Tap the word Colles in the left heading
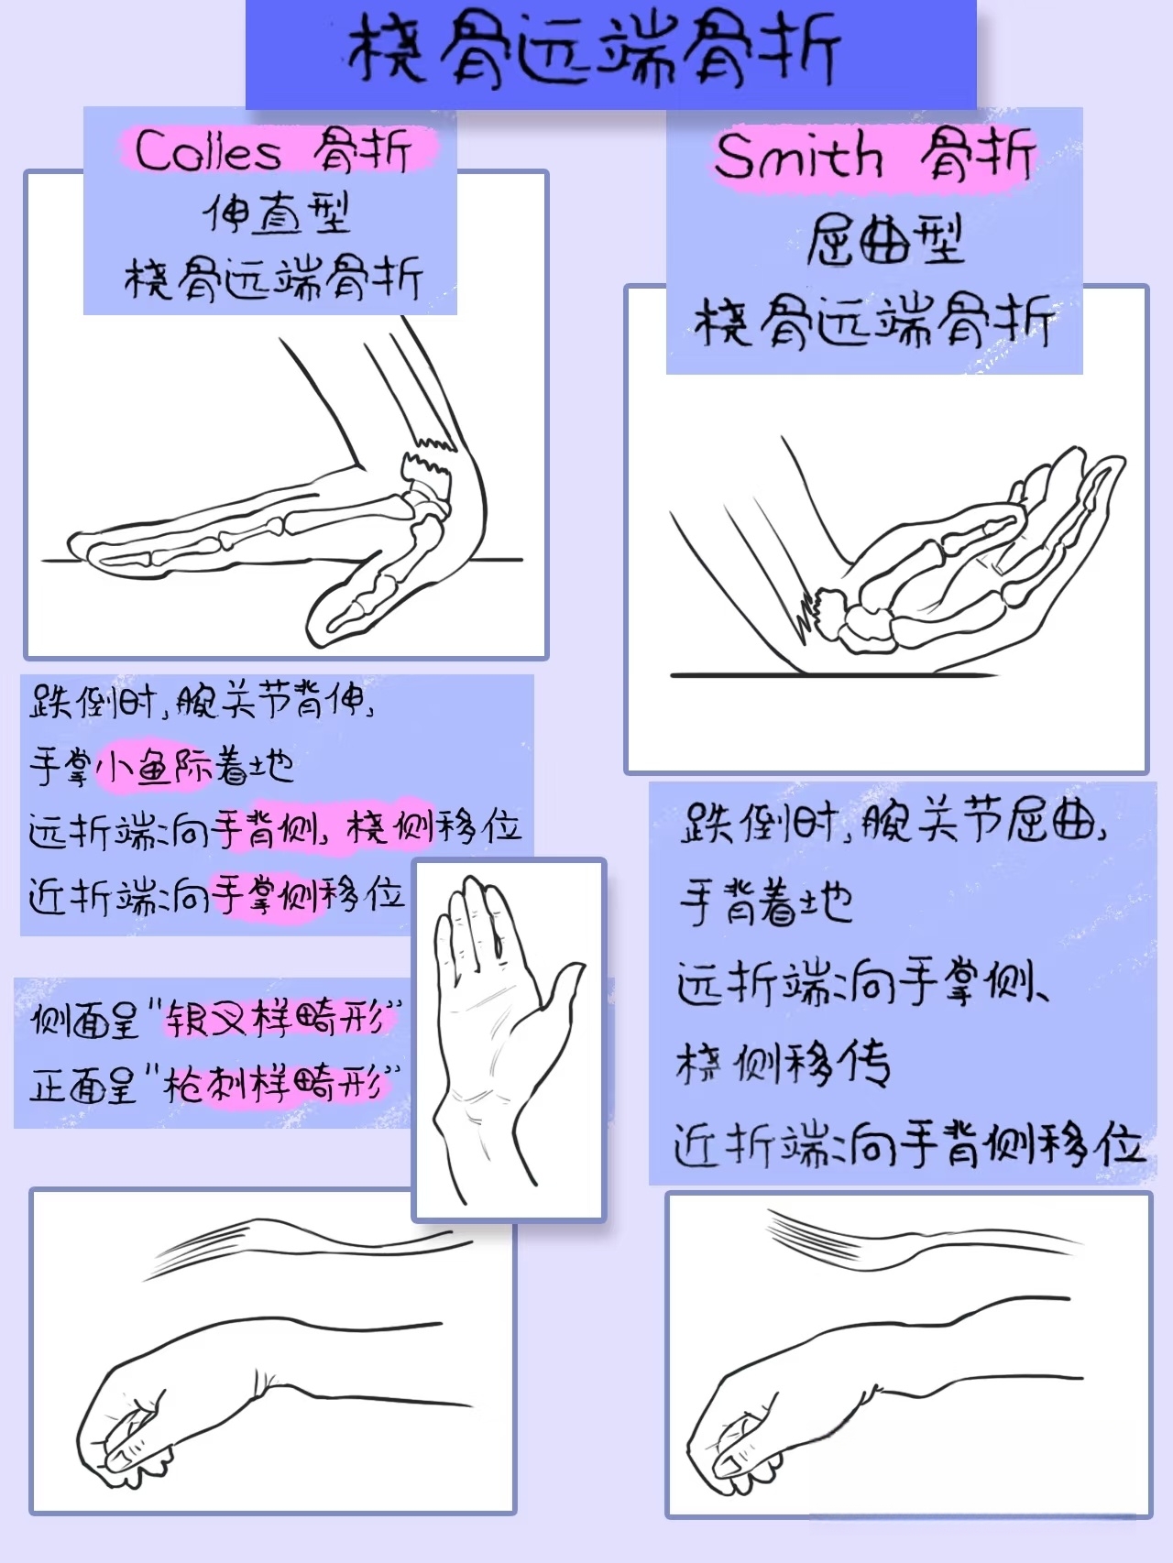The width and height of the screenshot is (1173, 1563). pyautogui.click(x=209, y=151)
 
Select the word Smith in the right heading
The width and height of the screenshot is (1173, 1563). pyautogui.click(x=797, y=156)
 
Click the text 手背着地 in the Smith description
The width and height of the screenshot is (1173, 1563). pyautogui.click(x=766, y=902)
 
